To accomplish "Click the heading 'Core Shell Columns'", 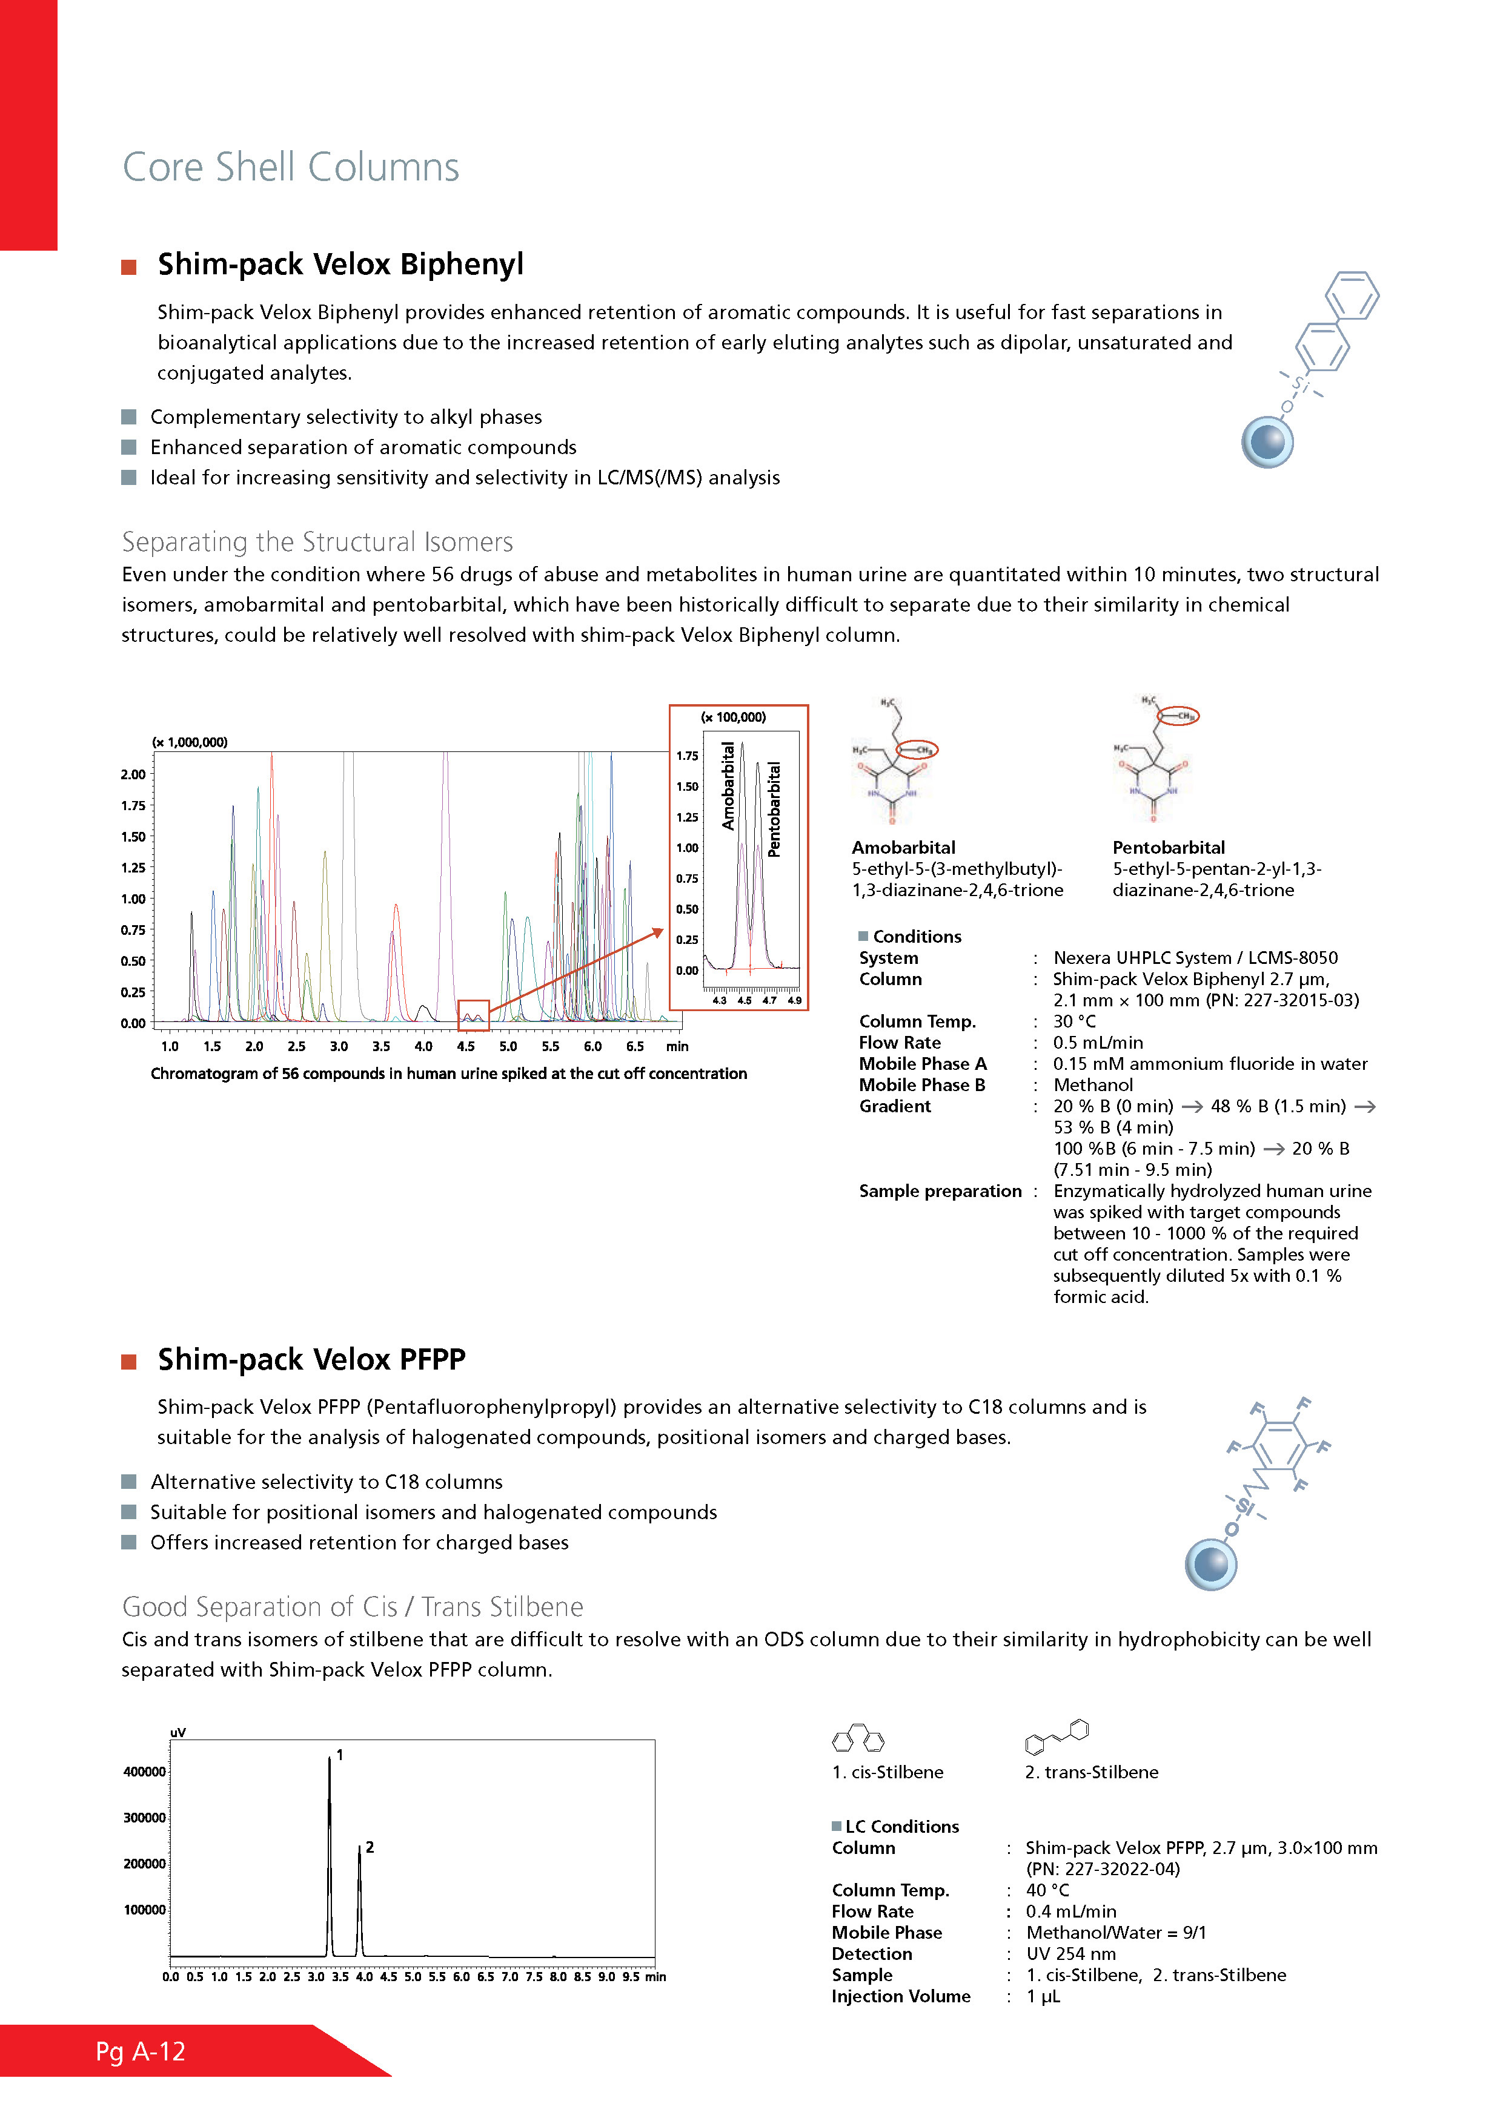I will pos(291,168).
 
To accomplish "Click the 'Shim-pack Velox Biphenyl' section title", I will pos(340,265).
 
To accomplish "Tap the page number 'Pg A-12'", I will pos(141,2052).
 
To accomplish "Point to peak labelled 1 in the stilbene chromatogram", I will pos(330,1763).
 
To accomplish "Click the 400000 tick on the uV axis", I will pos(144,1772).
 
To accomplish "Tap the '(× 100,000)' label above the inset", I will pos(733,717).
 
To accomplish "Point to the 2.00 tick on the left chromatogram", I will pos(133,774).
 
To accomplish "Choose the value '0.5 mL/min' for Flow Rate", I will pos(1098,1043).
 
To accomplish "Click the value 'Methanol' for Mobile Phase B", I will pos(1093,1085).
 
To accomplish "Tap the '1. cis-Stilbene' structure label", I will pos(888,1772).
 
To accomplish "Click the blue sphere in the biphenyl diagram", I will pos(1267,442).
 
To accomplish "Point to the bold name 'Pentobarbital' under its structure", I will pos(1168,848).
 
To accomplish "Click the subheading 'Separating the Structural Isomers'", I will pos(317,542).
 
